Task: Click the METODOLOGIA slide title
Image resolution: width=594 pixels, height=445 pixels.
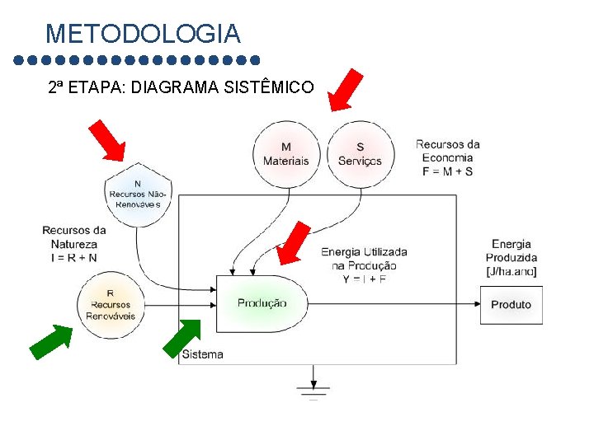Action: (143, 35)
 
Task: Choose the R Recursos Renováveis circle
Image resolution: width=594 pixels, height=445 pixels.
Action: (111, 305)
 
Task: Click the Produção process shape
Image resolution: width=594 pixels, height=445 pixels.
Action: (262, 303)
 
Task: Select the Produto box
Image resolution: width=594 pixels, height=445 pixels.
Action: (511, 305)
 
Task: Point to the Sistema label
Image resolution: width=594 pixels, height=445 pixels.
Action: (202, 354)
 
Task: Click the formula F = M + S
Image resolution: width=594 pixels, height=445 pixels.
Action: (447, 171)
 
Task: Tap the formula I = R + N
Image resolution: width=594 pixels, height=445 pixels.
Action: (74, 257)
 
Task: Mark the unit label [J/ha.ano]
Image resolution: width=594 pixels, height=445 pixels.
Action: (511, 271)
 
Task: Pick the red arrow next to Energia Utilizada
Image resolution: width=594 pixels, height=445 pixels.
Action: (294, 243)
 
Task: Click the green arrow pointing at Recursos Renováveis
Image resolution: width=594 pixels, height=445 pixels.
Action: (52, 342)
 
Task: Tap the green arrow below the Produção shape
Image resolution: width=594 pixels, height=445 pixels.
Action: (182, 339)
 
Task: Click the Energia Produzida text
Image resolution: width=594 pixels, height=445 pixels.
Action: (511, 251)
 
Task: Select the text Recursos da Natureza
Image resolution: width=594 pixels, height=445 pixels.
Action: (74, 237)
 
